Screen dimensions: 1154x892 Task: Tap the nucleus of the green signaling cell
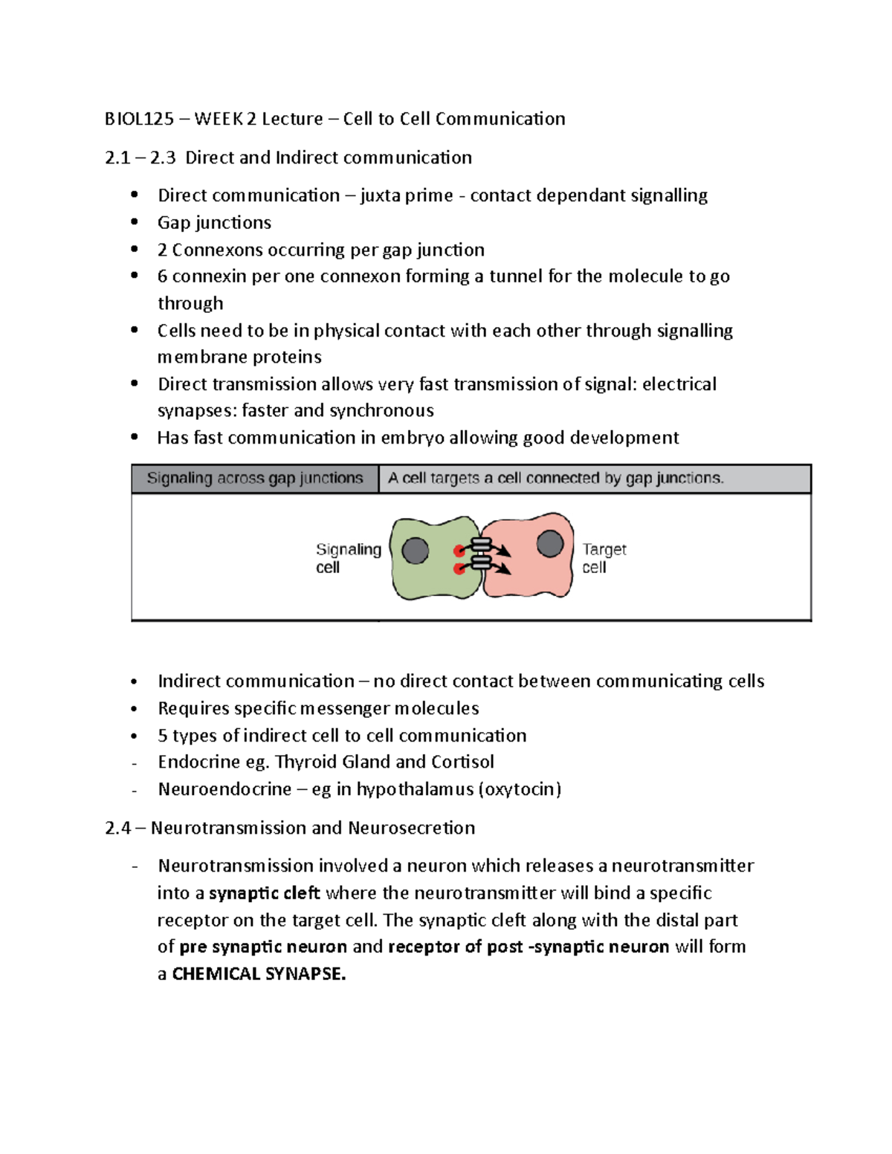(x=415, y=551)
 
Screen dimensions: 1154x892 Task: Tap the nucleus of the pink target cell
(x=550, y=543)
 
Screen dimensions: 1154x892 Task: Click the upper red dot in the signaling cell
(x=459, y=551)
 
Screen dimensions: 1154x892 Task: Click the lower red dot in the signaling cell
(x=459, y=569)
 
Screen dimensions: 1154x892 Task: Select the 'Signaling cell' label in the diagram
(x=347, y=558)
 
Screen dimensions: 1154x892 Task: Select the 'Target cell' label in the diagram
(x=604, y=558)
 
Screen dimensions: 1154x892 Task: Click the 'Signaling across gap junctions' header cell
(x=254, y=479)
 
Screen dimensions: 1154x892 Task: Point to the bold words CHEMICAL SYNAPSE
(x=259, y=974)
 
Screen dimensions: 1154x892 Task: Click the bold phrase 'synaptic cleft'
(x=264, y=893)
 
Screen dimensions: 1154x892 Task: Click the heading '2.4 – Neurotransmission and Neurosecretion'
(x=290, y=828)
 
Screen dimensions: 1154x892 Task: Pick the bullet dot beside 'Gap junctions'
(x=135, y=222)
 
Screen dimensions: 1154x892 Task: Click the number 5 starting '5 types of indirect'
(x=162, y=736)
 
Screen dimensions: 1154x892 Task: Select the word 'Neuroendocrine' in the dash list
(x=224, y=789)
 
